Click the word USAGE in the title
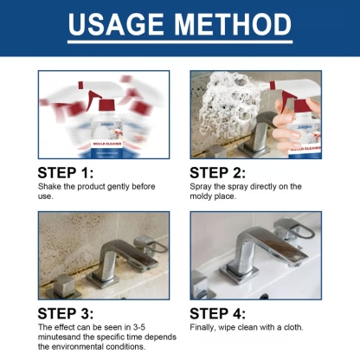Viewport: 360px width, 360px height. click(116, 25)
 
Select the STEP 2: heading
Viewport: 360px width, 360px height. click(222, 172)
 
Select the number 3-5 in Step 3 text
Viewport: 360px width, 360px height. click(147, 328)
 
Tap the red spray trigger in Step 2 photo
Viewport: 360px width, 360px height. click(282, 89)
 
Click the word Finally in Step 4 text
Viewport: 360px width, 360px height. click(202, 328)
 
